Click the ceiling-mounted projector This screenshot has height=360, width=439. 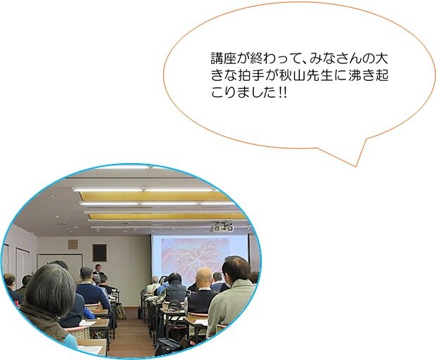[x=223, y=226]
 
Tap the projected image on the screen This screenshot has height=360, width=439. [x=194, y=257]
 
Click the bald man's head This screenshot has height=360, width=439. [x=204, y=277]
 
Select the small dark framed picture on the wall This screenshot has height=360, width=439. [x=100, y=252]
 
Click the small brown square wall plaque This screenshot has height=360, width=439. [x=72, y=244]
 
